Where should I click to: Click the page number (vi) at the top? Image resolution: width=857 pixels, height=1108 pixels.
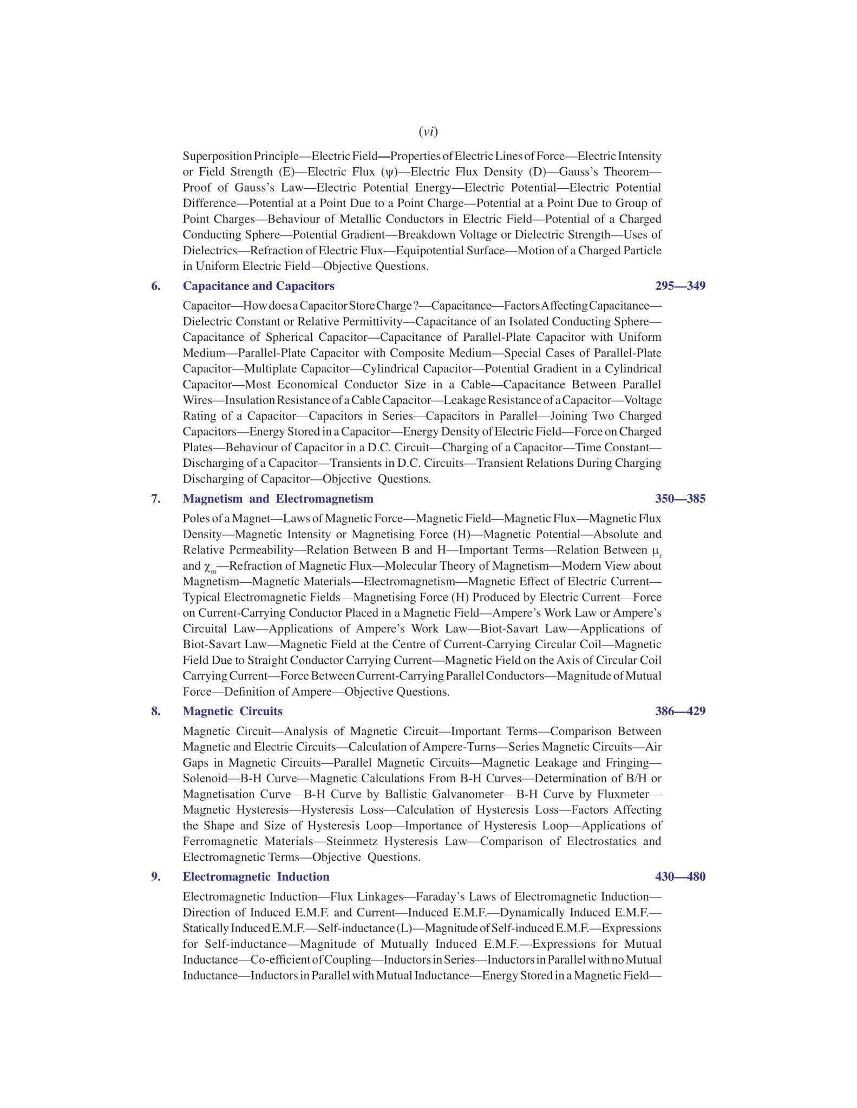[428, 131]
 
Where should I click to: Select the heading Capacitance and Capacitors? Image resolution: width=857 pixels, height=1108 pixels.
[258, 286]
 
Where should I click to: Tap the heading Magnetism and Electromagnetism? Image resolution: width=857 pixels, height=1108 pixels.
[278, 498]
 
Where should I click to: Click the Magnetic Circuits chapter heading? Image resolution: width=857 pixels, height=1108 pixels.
[232, 711]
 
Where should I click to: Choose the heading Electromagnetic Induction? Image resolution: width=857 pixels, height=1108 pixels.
[256, 876]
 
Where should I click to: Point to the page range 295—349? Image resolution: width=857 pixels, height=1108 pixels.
[680, 286]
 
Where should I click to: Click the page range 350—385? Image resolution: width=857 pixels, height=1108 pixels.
[680, 498]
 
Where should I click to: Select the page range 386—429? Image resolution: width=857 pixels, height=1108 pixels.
[680, 711]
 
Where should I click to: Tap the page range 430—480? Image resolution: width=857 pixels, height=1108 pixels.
[680, 876]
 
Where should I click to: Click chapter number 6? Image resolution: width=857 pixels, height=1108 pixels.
[156, 286]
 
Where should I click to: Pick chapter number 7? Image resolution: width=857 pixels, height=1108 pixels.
[156, 498]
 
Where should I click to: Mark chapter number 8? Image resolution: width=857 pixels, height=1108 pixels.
[156, 711]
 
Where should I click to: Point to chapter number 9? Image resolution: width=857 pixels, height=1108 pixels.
[156, 876]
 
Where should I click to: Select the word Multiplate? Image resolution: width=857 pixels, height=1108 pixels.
[271, 369]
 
